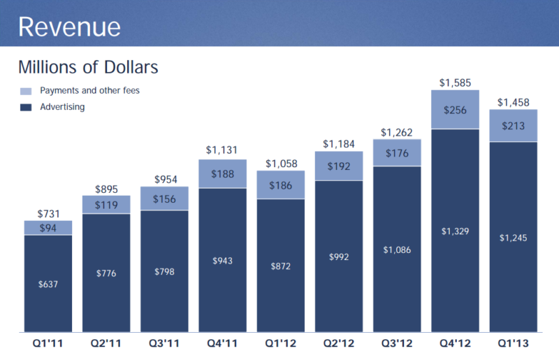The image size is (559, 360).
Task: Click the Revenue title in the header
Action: pos(69,27)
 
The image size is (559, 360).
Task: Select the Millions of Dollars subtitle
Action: pos(88,68)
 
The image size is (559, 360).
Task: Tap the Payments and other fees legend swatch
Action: pos(26,91)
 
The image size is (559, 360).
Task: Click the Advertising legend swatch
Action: pos(26,108)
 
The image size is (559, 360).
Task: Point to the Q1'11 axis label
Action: pos(48,343)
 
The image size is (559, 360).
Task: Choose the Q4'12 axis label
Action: pos(455,343)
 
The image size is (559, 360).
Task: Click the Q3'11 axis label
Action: pos(164,343)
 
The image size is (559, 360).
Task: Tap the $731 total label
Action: pos(48,214)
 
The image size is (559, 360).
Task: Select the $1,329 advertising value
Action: pos(455,231)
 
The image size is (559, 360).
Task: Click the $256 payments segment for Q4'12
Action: pos(455,109)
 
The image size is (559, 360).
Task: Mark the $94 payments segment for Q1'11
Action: pos(48,228)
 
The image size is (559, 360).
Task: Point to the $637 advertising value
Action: pos(48,284)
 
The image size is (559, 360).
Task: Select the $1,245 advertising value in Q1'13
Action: pos(514,238)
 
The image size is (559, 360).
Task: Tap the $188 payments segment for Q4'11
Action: pos(222,174)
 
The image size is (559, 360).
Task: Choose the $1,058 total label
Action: pos(280,164)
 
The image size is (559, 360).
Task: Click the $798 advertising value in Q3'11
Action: pos(164,271)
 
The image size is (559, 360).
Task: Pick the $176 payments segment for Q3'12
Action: pos(397,152)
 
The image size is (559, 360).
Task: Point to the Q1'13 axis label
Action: pos(514,343)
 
